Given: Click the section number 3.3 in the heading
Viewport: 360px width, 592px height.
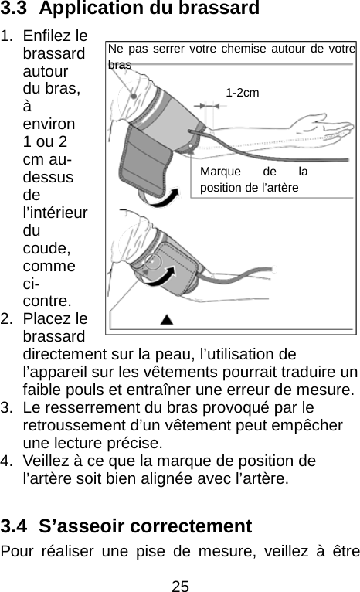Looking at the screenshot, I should click(x=18, y=10).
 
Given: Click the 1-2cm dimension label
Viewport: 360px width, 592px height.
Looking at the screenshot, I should click(x=243, y=93).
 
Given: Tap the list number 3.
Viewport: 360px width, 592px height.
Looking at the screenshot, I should click(x=6, y=407).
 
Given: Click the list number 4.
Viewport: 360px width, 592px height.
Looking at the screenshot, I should click(x=6, y=461).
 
